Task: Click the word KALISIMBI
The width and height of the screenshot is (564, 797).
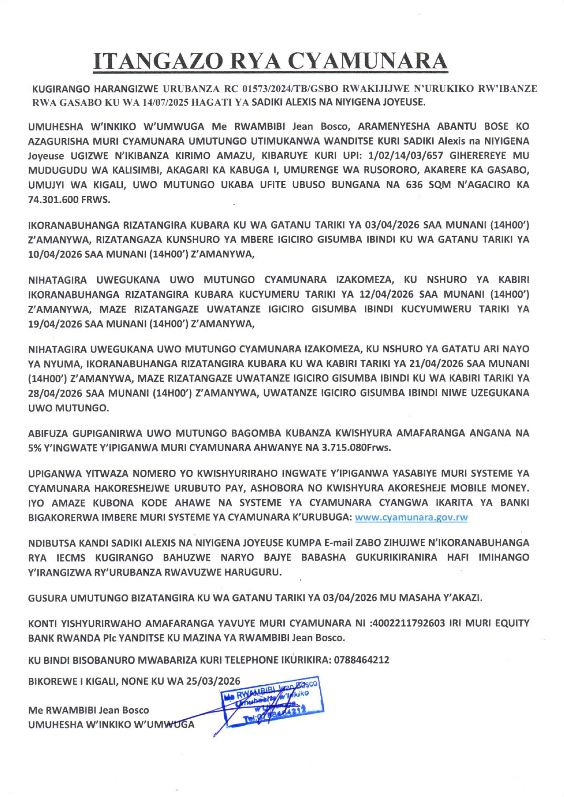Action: [124, 170]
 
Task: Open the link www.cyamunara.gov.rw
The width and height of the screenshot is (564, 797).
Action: [411, 517]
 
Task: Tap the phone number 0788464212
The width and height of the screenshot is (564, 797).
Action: [362, 660]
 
